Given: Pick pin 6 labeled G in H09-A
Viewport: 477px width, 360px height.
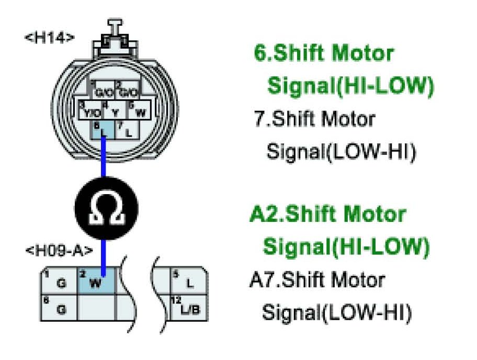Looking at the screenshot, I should [x=59, y=308].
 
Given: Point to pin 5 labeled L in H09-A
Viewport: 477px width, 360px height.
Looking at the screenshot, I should [x=188, y=282].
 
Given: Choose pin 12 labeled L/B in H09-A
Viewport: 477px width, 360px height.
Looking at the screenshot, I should [x=188, y=308].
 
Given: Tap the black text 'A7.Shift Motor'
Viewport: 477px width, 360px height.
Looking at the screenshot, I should [x=317, y=280].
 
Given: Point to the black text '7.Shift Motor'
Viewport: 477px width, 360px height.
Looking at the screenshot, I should [x=314, y=119].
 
